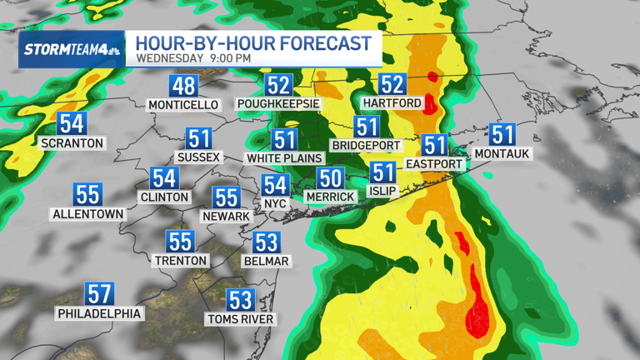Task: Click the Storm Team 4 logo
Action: pos(71,49)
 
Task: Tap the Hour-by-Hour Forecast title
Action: pos(253,43)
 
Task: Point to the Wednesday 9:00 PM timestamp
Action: pos(192,59)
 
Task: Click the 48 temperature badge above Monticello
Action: pos(183,86)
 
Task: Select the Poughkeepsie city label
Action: pos(278,104)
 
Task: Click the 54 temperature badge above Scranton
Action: pos(72,124)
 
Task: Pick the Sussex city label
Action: pos(198,157)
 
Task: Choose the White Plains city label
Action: pos(284,157)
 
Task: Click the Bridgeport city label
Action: pos(366,145)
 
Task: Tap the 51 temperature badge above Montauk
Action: pos(502,134)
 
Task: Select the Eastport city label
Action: pos(433,163)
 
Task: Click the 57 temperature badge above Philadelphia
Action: pos(99,294)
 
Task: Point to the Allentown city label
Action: pos(87,213)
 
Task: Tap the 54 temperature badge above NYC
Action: pos(275,185)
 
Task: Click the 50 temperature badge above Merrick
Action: pos(331,177)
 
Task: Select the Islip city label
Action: pos(382,191)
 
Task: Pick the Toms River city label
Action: pos(241,317)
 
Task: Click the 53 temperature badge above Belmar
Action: pos(266,242)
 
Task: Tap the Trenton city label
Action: pos(180,260)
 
